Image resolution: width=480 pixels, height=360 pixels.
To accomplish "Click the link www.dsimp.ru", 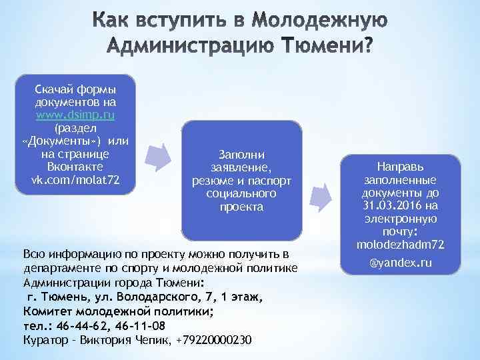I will click(x=75, y=115).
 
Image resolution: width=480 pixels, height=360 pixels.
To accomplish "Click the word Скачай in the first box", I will click(x=53, y=89).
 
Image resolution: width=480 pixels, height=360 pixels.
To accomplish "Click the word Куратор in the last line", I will click(x=43, y=339).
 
